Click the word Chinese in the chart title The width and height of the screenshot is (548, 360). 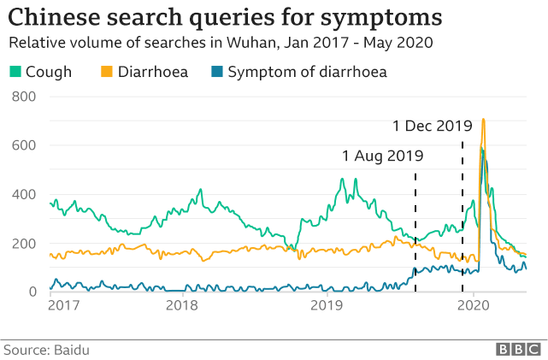50,17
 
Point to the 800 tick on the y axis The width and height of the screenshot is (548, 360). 23,97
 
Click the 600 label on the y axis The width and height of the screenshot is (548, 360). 23,145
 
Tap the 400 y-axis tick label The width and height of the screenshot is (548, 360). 23,194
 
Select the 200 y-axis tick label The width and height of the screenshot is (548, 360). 23,244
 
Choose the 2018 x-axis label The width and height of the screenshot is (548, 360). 181,304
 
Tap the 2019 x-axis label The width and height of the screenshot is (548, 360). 326,304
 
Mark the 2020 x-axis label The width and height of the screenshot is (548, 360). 473,304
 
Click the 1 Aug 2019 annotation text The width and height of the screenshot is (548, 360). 382,156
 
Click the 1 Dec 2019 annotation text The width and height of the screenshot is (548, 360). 432,126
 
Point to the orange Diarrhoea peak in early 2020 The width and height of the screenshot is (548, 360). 483,121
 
